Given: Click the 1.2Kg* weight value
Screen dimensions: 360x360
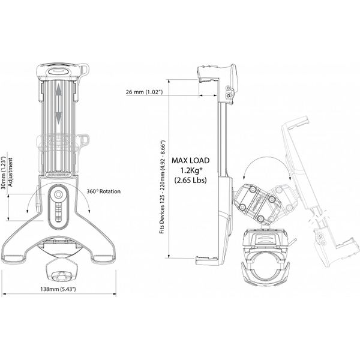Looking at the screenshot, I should click(x=190, y=170).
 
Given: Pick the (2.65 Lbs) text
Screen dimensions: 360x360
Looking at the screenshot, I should click(x=190, y=180).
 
